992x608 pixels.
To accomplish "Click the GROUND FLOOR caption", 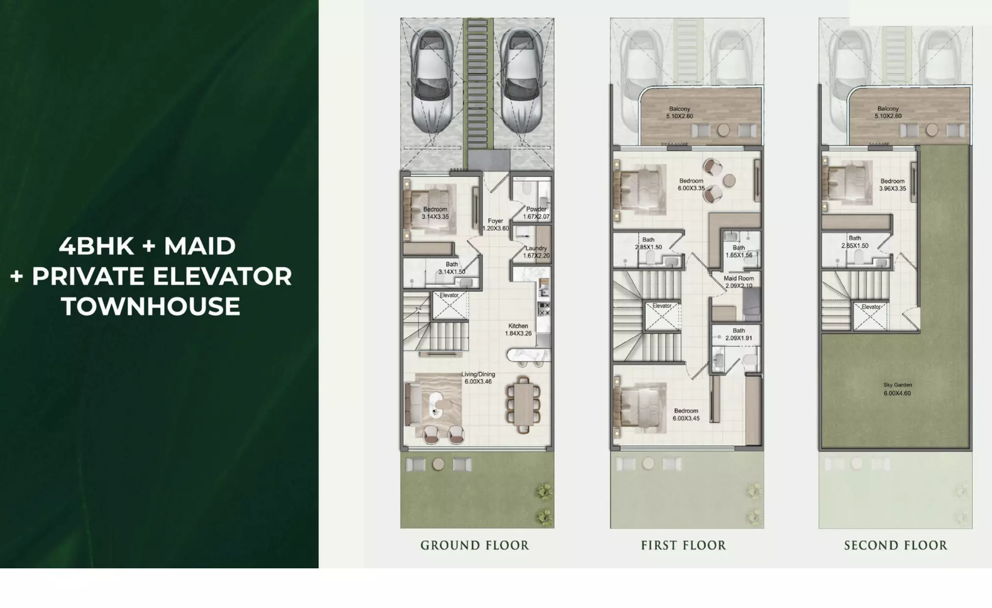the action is [474, 545].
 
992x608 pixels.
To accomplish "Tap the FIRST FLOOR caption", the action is [684, 545].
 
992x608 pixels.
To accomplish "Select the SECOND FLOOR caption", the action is [896, 545].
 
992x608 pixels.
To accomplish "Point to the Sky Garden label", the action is [898, 389].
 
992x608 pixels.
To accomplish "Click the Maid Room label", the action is [739, 282].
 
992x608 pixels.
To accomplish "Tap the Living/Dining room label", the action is [478, 378].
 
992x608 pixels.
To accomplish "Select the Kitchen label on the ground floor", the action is [518, 329].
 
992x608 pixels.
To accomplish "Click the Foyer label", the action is [496, 225].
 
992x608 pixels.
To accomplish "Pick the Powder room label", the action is [536, 213].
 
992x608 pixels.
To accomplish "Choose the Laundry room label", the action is [536, 252].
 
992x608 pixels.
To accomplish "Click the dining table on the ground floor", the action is [523, 404].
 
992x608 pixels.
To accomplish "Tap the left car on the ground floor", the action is [431, 81].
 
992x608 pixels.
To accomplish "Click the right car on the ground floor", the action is [522, 81].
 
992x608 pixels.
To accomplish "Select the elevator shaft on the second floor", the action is [870, 317].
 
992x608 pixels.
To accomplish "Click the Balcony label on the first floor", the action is [680, 113].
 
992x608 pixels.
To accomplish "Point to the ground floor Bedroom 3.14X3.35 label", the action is [435, 213].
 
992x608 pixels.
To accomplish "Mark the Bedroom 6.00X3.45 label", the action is [686, 415].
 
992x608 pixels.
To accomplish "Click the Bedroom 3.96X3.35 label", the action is [893, 185].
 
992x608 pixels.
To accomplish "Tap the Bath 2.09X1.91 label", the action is [739, 334].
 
